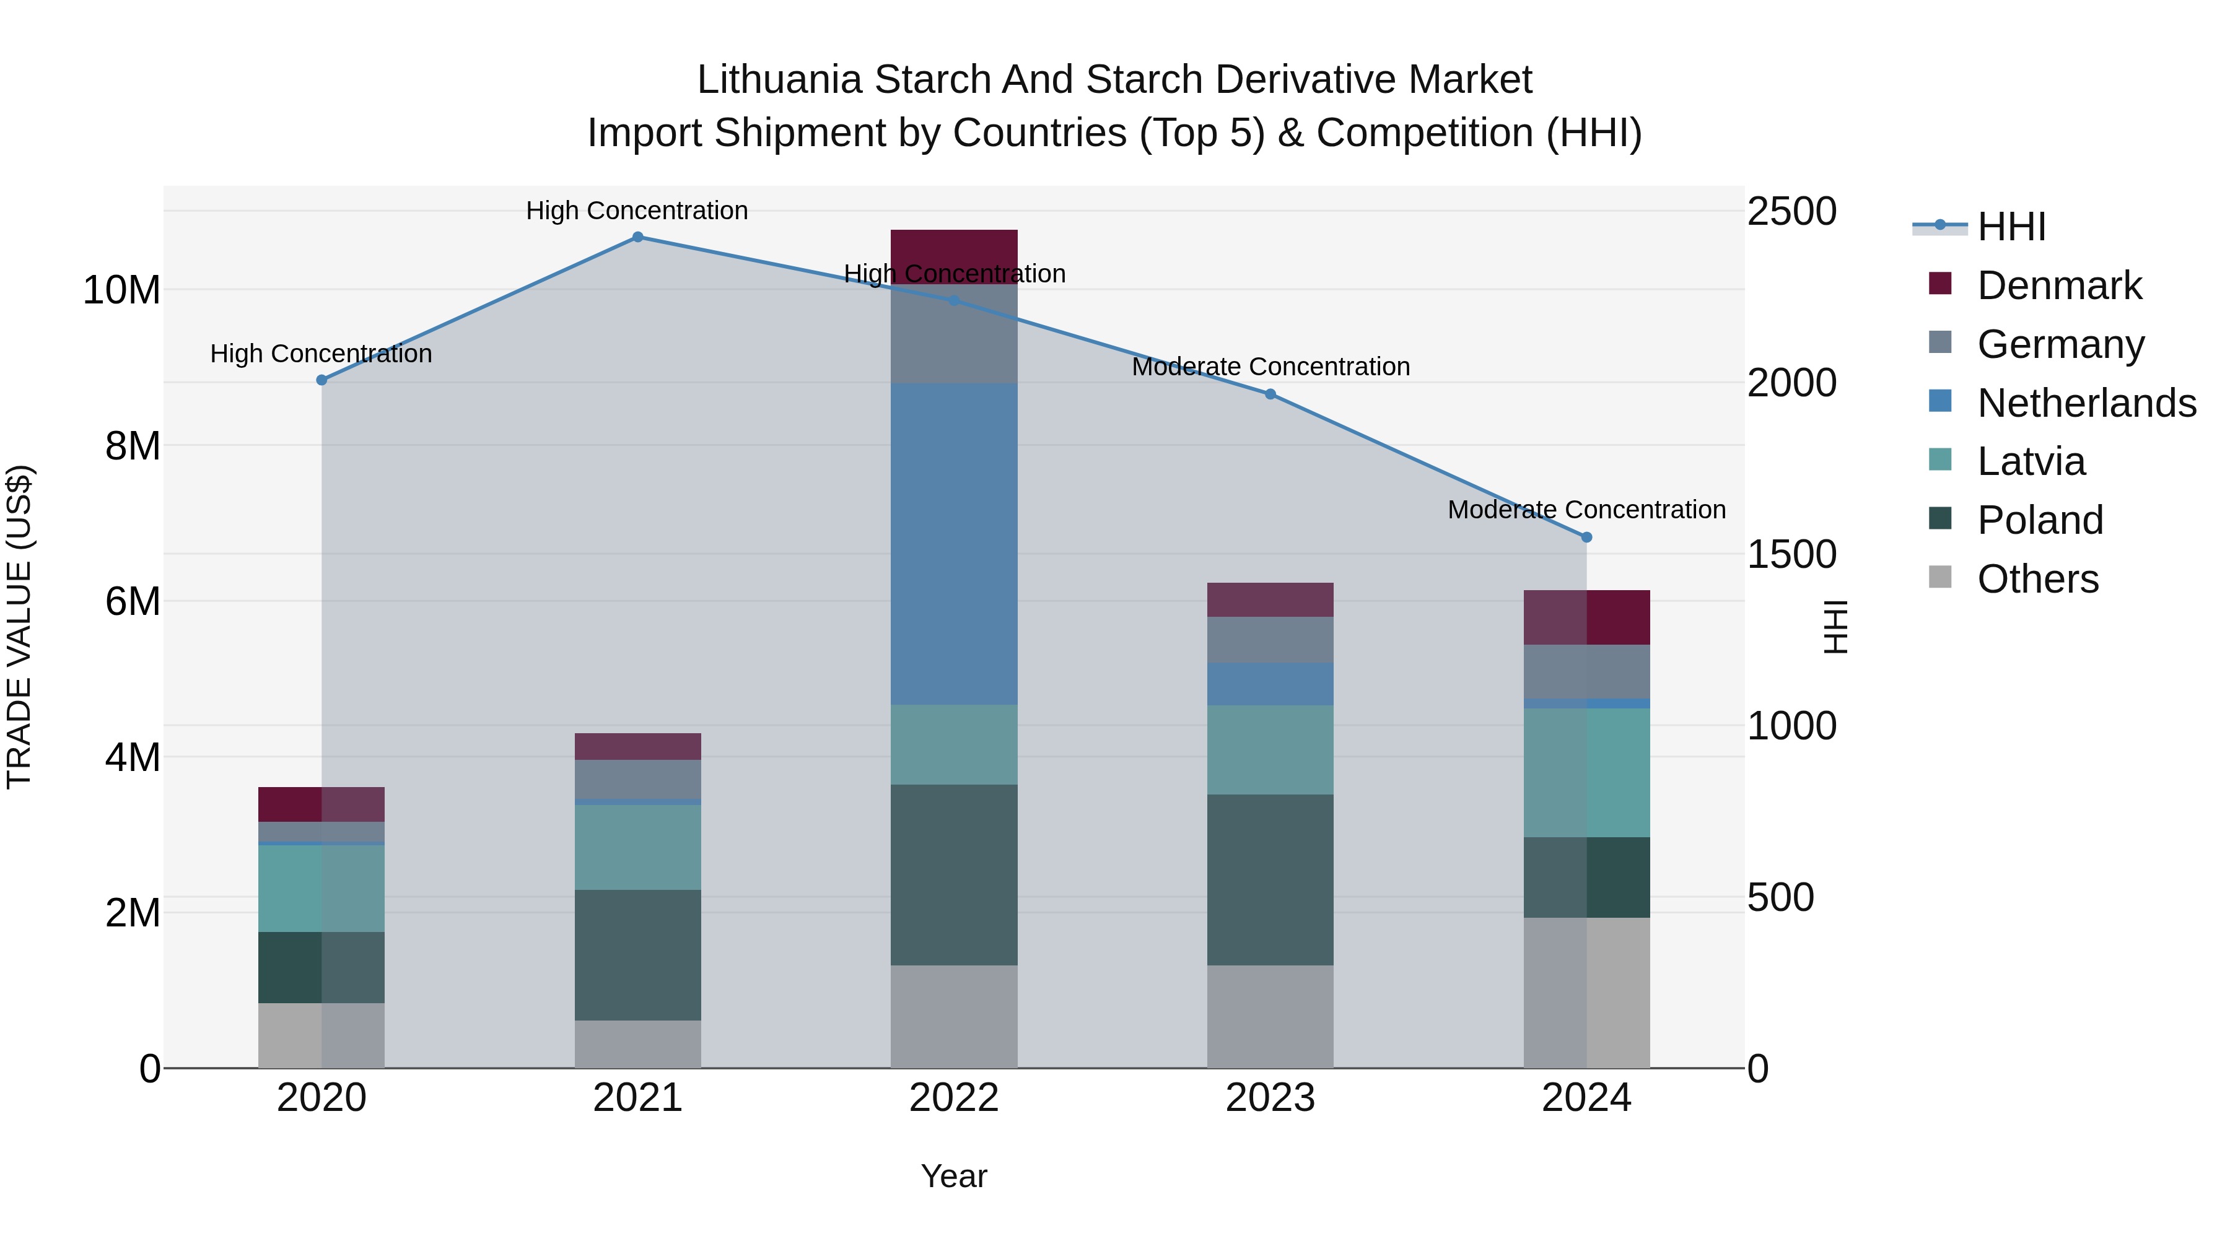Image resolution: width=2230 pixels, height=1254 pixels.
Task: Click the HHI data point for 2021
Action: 637,237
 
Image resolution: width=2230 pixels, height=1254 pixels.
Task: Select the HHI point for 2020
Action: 321,380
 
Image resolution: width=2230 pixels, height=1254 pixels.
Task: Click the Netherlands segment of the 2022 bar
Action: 953,544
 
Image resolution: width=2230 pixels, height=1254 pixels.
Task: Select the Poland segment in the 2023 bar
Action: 1269,879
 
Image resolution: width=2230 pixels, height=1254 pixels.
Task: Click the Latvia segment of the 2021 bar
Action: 637,847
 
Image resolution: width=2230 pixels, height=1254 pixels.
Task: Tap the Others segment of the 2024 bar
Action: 1586,992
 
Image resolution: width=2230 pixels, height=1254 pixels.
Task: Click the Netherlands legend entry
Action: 2086,403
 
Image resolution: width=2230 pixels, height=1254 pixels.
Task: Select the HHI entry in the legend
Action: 2011,227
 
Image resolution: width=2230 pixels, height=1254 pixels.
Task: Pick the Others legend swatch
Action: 1940,577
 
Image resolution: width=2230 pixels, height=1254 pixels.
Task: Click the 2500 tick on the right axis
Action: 1791,212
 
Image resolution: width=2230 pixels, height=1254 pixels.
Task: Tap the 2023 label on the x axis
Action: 1269,1098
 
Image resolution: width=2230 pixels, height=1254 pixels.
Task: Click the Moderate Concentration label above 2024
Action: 1586,510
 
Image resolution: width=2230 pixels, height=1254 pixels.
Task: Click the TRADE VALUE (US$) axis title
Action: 19,627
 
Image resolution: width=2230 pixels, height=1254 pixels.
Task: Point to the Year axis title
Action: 953,1176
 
